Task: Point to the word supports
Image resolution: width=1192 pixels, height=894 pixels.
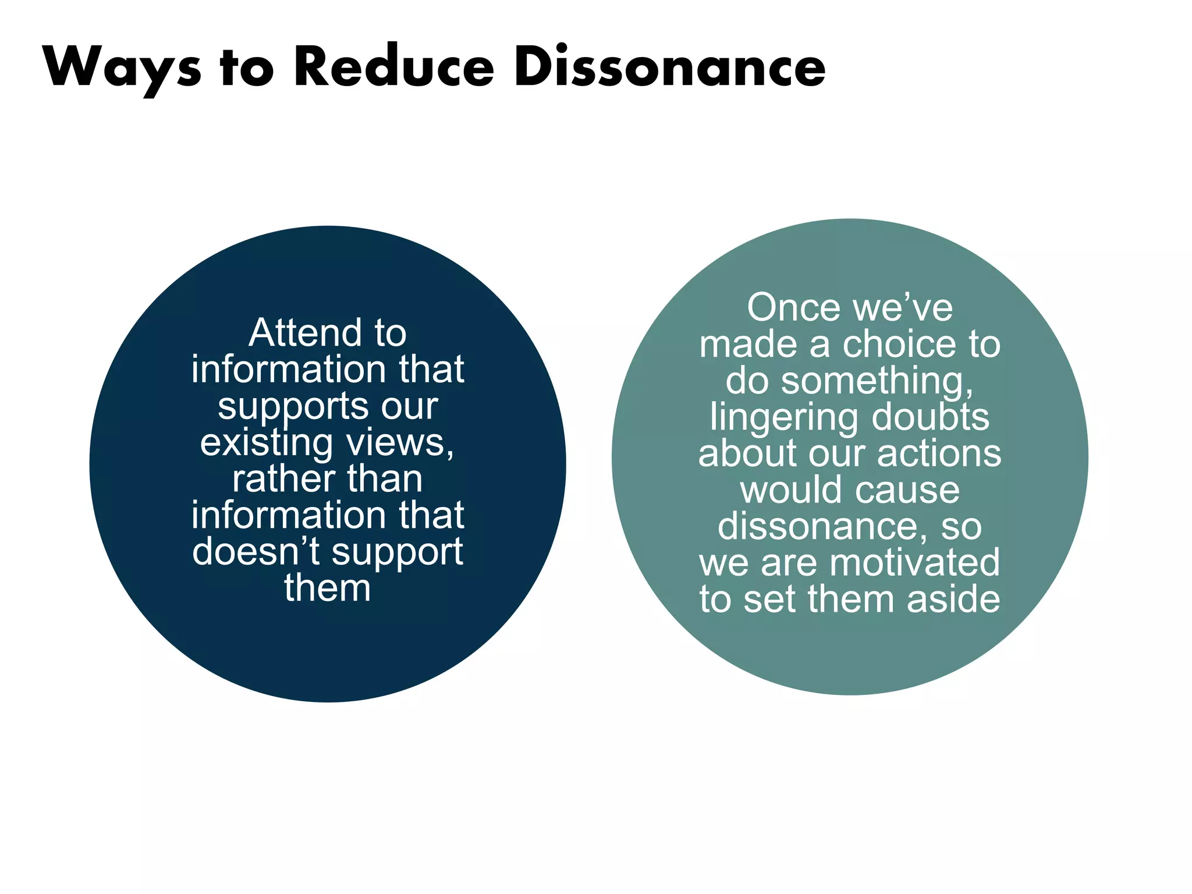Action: (x=292, y=407)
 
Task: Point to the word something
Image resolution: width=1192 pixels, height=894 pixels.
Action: (x=877, y=382)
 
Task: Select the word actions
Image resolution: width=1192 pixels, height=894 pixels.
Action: (x=939, y=453)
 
